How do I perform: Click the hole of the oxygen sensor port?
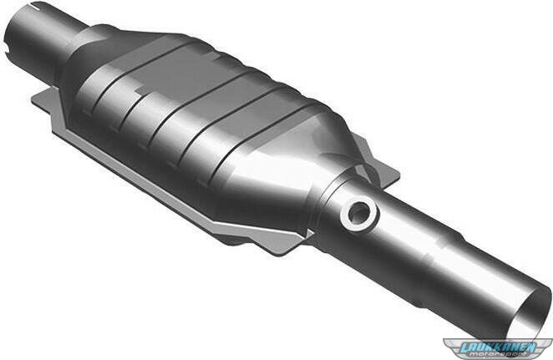[360, 212]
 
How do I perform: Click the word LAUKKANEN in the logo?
[498, 347]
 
